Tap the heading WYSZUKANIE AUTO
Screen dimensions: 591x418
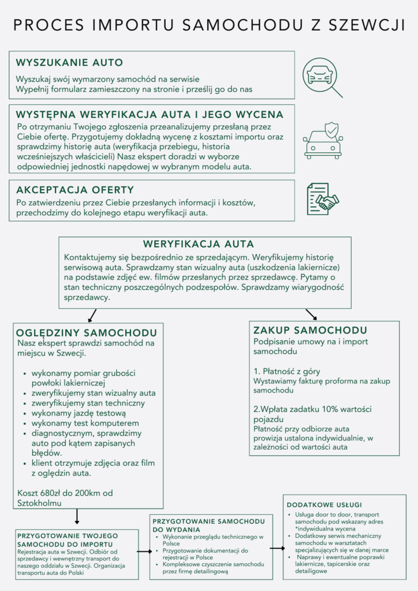pos(69,62)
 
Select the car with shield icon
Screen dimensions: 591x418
pos(323,140)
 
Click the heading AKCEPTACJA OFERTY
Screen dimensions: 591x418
pos(75,190)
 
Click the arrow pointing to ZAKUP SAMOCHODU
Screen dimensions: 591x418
pos(311,314)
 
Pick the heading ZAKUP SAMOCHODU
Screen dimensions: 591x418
pos(311,331)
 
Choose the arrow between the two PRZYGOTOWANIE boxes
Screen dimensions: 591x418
pos(144,552)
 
